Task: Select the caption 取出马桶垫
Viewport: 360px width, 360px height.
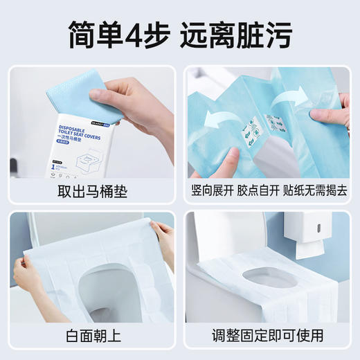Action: coord(92,190)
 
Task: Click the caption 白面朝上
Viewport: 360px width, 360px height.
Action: coord(92,336)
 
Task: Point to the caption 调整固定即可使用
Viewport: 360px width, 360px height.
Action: coord(267,336)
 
